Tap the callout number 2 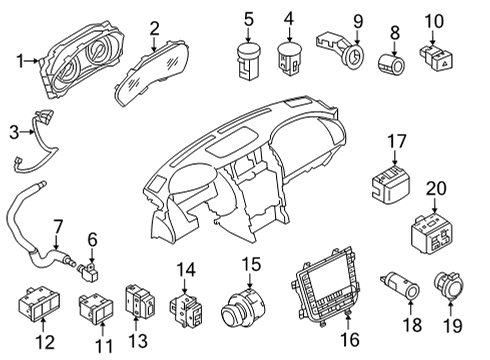pos(154,27)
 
